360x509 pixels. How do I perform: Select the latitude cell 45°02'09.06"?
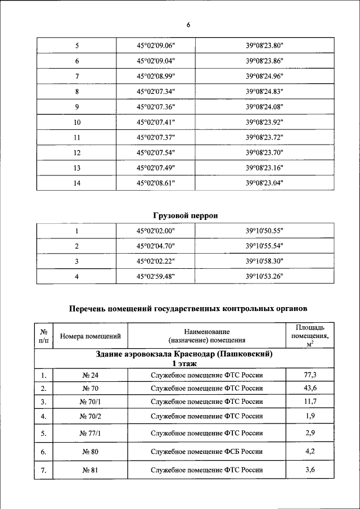[156, 45]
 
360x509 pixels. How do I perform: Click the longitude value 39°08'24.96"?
[264, 76]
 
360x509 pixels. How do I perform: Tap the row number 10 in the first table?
[77, 121]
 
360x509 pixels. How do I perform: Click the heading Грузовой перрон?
[185, 215]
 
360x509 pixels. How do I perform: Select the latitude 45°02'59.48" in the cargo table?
[156, 276]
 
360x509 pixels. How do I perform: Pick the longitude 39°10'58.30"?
[264, 261]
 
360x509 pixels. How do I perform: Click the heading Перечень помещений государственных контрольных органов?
[188, 308]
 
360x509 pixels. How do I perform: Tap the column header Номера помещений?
[91, 336]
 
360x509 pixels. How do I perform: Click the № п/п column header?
[43, 336]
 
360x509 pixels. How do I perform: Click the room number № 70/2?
[91, 416]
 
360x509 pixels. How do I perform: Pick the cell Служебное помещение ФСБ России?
[207, 452]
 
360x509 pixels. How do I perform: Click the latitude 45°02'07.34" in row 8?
[156, 91]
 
